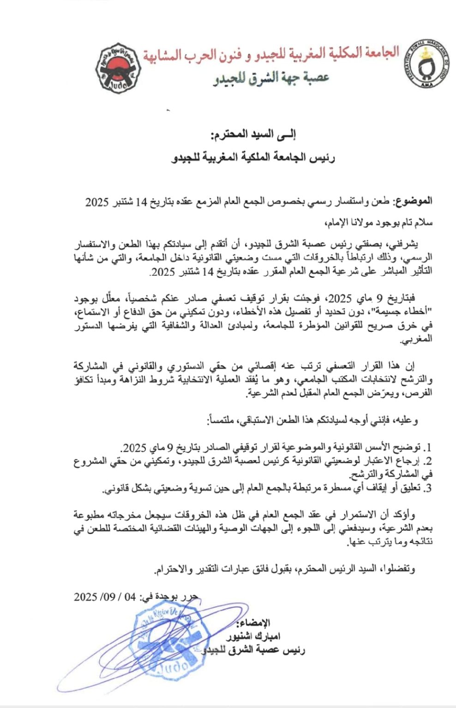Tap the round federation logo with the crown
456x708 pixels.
[x=429, y=66]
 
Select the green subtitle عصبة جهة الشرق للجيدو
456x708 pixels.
[x=271, y=78]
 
